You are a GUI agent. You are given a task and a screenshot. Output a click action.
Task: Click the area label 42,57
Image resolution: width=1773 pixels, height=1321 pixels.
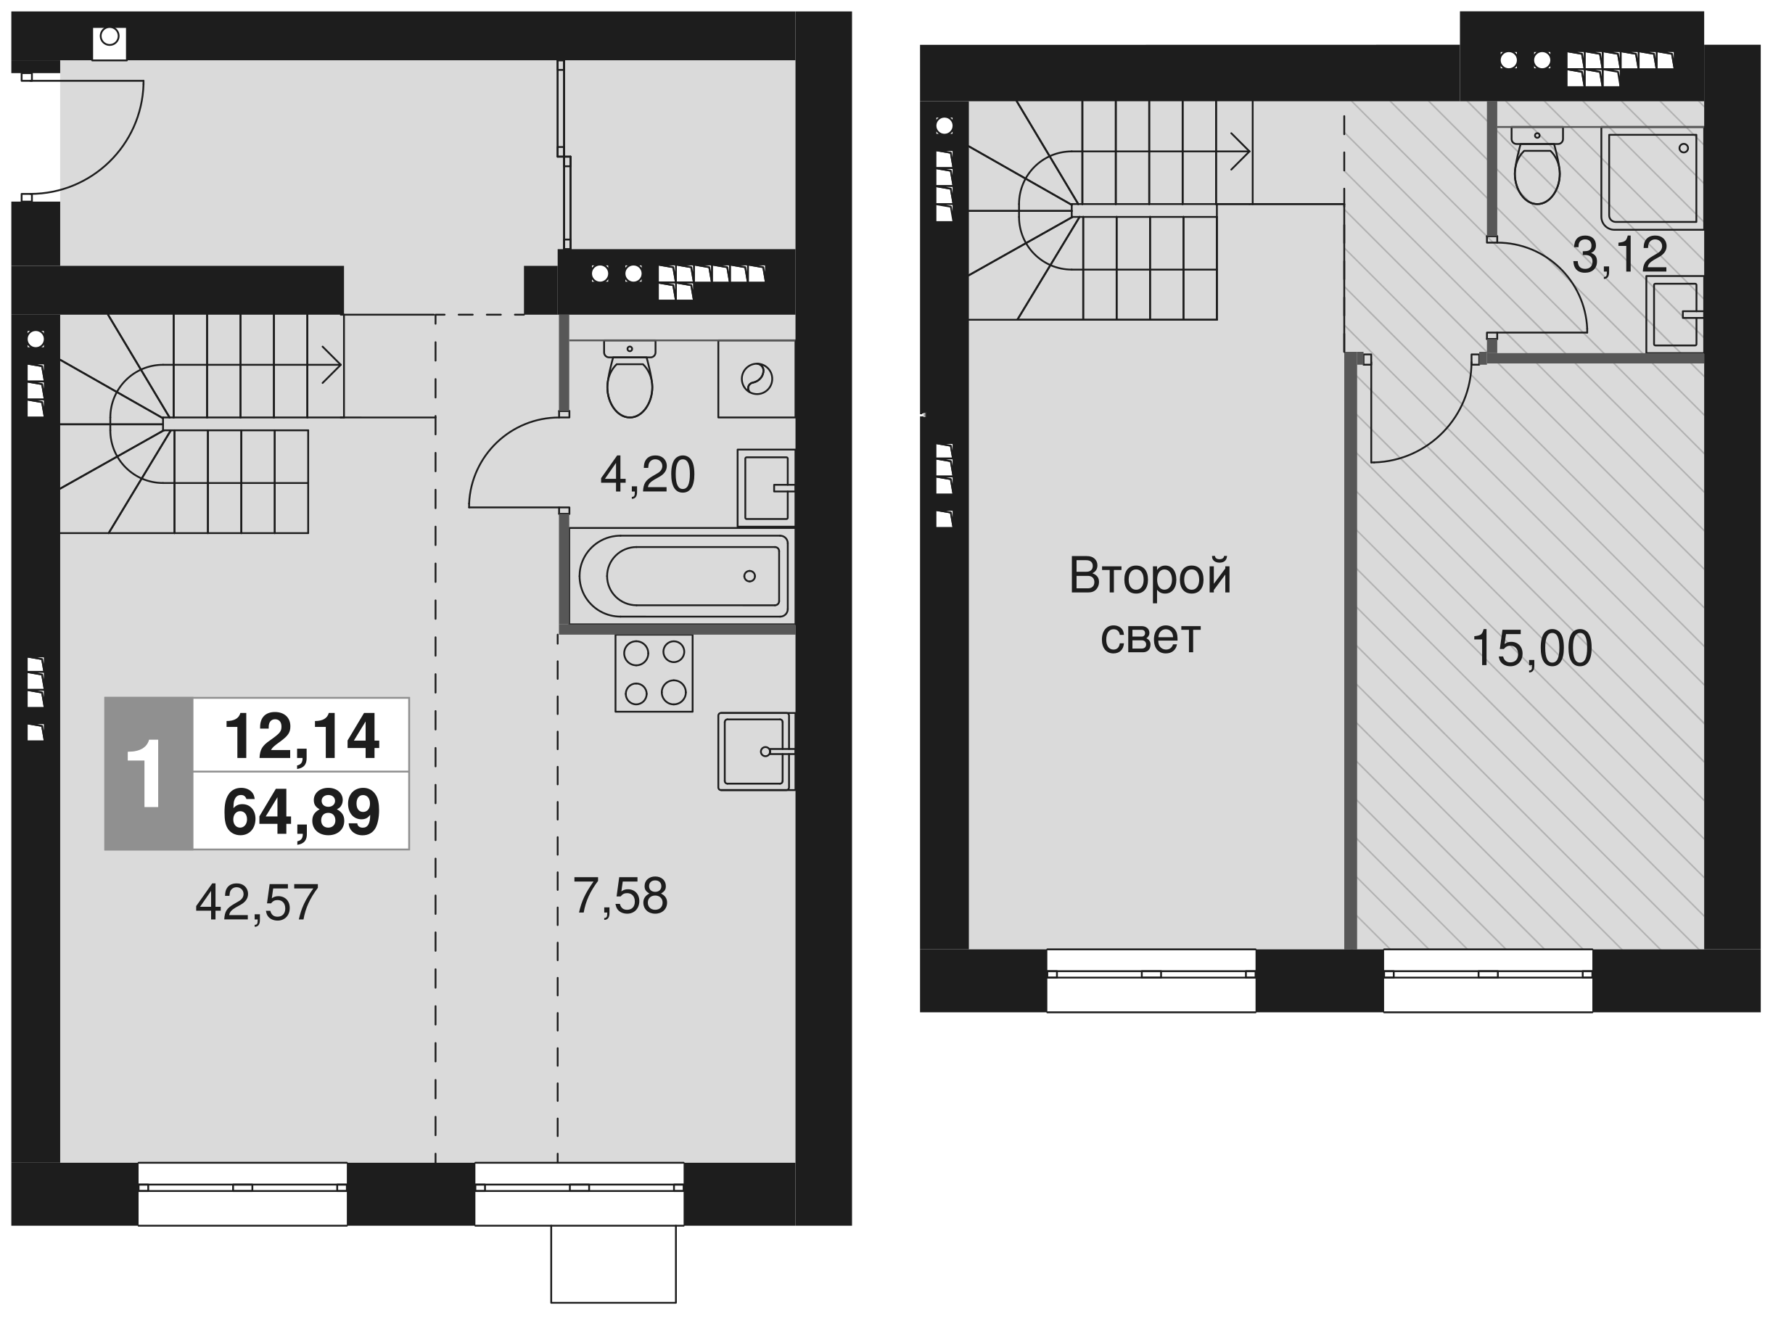[x=257, y=902]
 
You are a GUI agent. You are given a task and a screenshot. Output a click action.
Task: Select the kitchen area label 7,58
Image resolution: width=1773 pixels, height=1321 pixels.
[x=620, y=896]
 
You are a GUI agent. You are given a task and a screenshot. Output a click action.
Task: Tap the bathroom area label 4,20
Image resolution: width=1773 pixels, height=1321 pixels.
[x=647, y=474]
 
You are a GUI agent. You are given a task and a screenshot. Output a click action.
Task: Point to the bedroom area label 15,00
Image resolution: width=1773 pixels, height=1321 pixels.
[x=1531, y=648]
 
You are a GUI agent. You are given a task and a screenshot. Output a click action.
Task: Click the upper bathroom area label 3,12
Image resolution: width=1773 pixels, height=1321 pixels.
[x=1619, y=255]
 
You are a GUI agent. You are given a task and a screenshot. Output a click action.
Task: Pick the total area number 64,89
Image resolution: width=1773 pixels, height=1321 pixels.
[x=302, y=812]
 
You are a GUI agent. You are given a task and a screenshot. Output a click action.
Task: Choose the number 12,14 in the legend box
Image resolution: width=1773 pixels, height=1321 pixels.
[x=302, y=736]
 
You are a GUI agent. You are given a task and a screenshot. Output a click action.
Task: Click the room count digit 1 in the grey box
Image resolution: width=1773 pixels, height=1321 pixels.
[x=146, y=773]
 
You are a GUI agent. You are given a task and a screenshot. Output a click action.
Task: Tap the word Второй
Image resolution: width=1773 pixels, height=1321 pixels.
[x=1150, y=576]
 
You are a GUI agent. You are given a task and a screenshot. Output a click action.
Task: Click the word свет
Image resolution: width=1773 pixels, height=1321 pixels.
[x=1150, y=638]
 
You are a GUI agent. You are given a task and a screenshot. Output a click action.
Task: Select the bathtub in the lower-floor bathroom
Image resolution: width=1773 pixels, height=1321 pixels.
[x=683, y=576]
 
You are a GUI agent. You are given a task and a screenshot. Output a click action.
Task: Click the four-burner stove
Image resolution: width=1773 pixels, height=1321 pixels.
[x=654, y=673]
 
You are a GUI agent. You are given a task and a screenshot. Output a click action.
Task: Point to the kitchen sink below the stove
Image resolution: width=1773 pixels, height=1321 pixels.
[x=756, y=752]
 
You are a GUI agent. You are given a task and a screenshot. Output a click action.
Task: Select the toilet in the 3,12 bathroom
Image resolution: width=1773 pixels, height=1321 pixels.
[x=1537, y=165]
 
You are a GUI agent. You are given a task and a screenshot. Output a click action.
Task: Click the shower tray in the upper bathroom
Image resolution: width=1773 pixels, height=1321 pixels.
[x=1653, y=178]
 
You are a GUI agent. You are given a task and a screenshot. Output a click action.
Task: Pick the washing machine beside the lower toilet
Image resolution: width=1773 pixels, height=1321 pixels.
[x=757, y=379]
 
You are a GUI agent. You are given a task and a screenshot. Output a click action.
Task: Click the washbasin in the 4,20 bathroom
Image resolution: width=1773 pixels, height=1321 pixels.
[x=766, y=487]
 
